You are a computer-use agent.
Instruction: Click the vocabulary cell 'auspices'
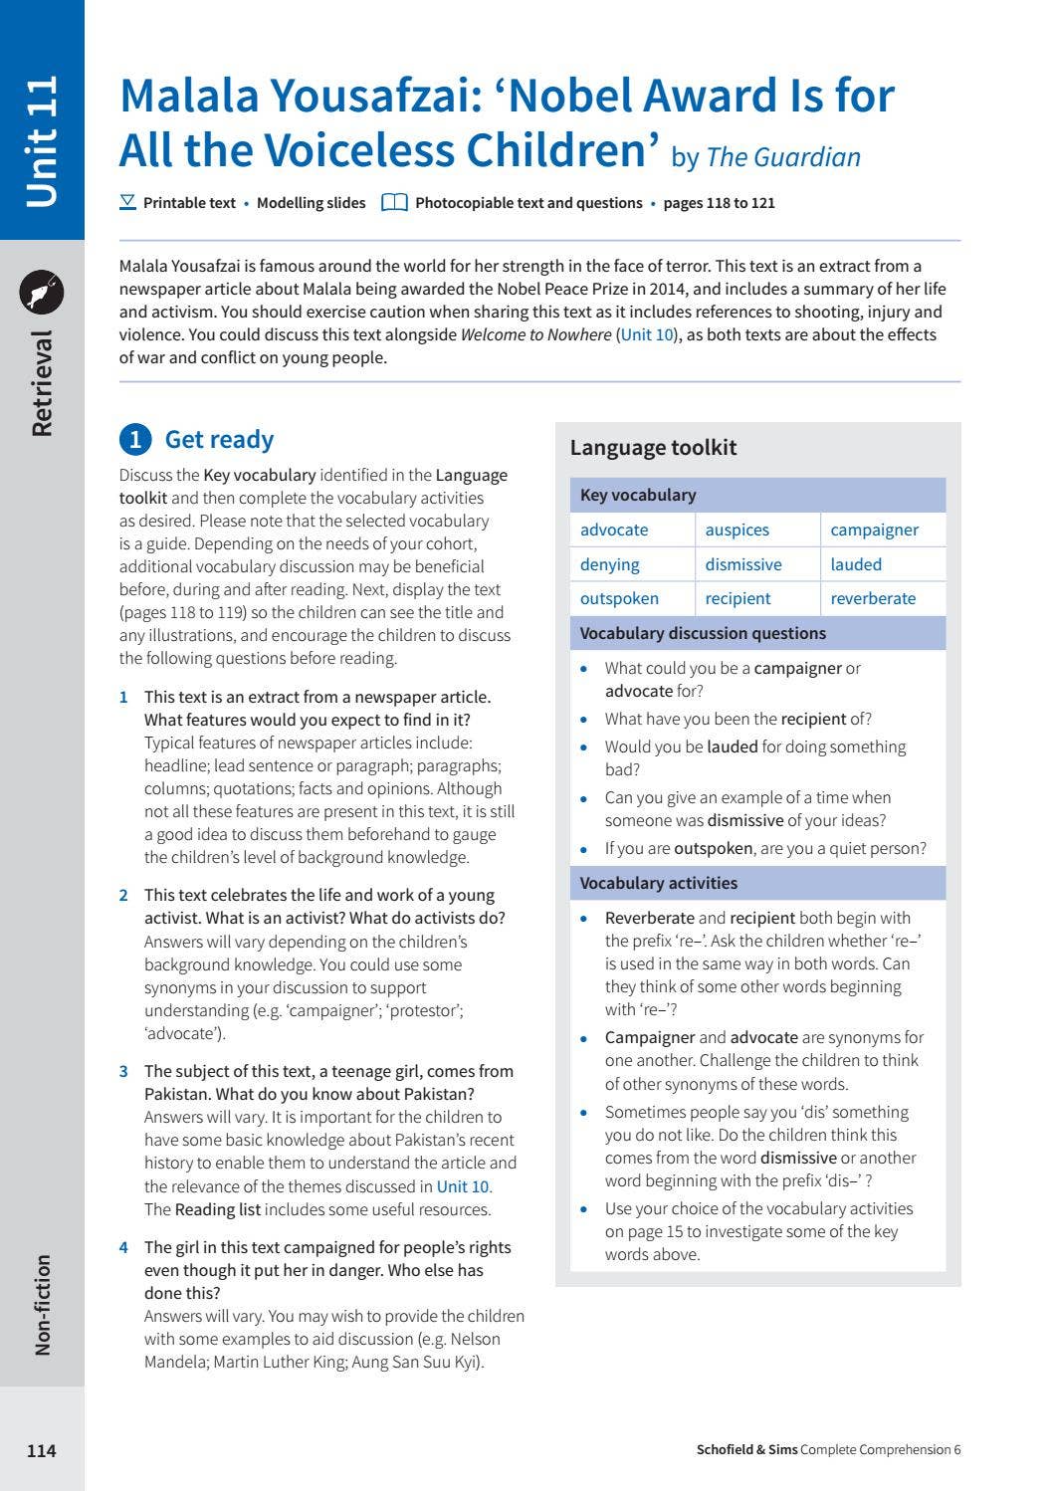(737, 531)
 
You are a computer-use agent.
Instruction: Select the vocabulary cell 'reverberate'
(873, 599)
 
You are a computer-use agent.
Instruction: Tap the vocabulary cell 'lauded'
(856, 564)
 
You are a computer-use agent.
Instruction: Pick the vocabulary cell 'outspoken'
(619, 599)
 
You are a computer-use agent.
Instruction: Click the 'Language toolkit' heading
(653, 448)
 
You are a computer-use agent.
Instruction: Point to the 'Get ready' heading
(219, 440)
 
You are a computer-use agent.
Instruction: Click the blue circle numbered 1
(135, 440)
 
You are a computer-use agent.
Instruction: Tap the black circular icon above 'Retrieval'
(42, 293)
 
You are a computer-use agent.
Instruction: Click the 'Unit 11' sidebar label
(42, 141)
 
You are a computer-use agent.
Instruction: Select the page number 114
(42, 1451)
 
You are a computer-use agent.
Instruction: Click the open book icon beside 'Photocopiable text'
(394, 203)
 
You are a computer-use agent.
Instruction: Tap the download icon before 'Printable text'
(127, 202)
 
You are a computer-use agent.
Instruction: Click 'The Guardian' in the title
(783, 158)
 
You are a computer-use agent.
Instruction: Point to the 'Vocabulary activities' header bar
(757, 884)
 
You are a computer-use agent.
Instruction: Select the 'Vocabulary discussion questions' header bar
(757, 634)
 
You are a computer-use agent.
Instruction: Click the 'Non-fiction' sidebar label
(42, 1305)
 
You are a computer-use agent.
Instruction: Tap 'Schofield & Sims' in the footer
(746, 1450)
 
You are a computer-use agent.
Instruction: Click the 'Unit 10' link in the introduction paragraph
(647, 335)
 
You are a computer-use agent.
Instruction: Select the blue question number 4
(123, 1248)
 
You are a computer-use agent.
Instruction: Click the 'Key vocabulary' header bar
(757, 496)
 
